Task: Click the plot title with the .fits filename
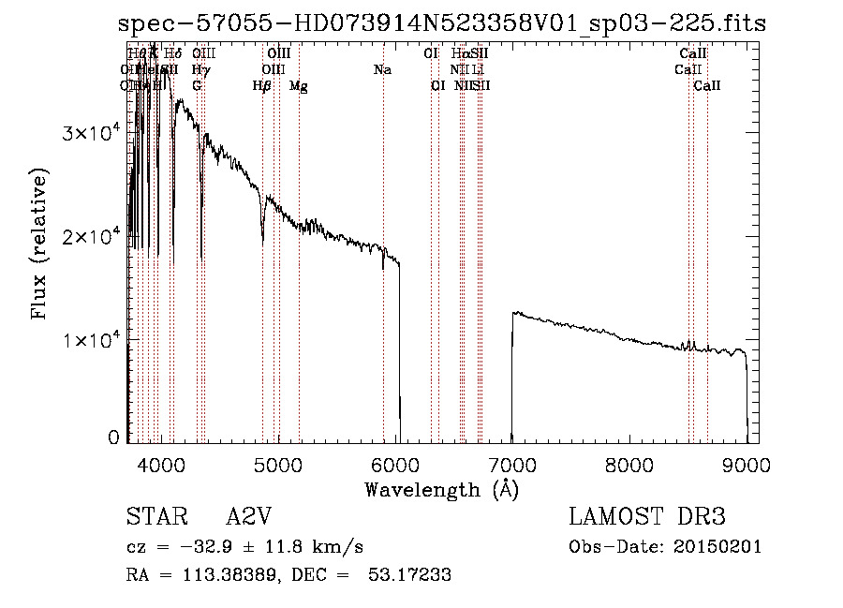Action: (x=442, y=23)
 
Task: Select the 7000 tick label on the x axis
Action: (x=512, y=464)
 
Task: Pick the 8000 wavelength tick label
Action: (x=629, y=464)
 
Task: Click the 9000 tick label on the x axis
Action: (x=747, y=464)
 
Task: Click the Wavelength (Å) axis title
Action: (x=441, y=489)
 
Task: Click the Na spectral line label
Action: (x=382, y=70)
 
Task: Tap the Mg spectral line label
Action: (x=298, y=86)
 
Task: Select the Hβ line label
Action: (x=262, y=86)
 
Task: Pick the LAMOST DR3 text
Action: (x=647, y=517)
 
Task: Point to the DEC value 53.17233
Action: (x=411, y=575)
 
